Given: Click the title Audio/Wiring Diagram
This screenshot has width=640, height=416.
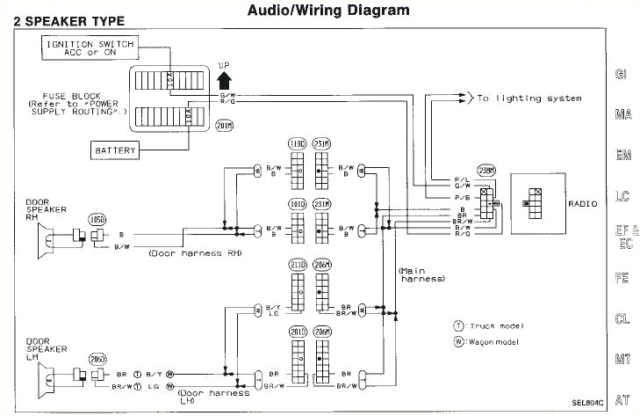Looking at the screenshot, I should pyautogui.click(x=316, y=11).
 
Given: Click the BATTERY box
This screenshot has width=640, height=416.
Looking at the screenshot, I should pyautogui.click(x=116, y=150).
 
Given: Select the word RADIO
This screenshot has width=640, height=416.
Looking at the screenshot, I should pyautogui.click(x=583, y=203).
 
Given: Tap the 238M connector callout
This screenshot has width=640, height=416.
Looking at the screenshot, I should pyautogui.click(x=485, y=172).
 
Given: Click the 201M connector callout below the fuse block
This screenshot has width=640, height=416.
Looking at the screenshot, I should pyautogui.click(x=224, y=126).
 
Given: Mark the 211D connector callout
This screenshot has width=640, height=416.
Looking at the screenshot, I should pyautogui.click(x=298, y=264).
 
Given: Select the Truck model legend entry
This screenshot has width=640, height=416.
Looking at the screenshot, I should pyautogui.click(x=485, y=325).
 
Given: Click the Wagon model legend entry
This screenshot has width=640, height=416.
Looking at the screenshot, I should pyautogui.click(x=485, y=341).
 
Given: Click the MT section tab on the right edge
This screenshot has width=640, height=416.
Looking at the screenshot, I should pyautogui.click(x=622, y=360).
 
